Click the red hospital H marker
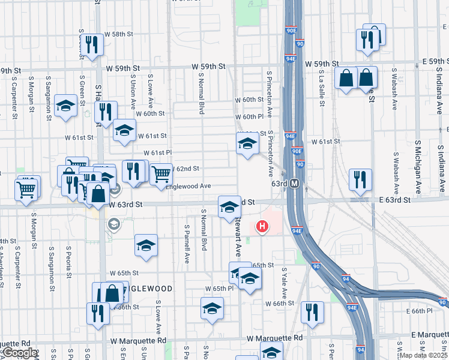click(x=262, y=226)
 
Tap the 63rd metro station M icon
click(x=295, y=184)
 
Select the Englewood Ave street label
click(x=188, y=187)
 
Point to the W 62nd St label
click(x=185, y=169)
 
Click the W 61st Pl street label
click(x=157, y=153)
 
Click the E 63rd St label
click(x=394, y=200)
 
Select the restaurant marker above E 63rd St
click(x=360, y=179)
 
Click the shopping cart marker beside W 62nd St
click(x=161, y=174)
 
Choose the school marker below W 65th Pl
click(x=211, y=308)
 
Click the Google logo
click(x=19, y=353)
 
